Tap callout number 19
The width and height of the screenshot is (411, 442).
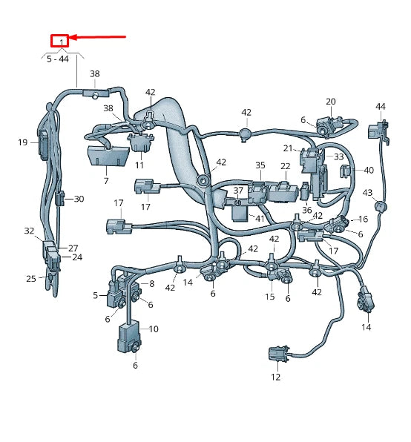click(22, 142)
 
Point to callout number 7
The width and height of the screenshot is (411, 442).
click(105, 180)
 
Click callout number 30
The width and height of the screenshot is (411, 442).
click(79, 199)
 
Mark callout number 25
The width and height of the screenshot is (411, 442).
click(30, 278)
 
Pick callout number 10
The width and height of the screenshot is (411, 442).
click(154, 329)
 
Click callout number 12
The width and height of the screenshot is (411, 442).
click(275, 377)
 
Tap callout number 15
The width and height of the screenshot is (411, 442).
click(269, 297)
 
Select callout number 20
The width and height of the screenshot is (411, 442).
click(330, 102)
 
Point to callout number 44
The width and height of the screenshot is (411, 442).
click(381, 107)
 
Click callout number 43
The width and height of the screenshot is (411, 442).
click(366, 193)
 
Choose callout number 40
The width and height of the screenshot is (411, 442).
click(369, 170)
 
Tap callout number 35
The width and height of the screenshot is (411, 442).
click(260, 165)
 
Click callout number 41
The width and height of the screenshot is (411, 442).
click(259, 219)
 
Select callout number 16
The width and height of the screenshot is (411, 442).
click(363, 220)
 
